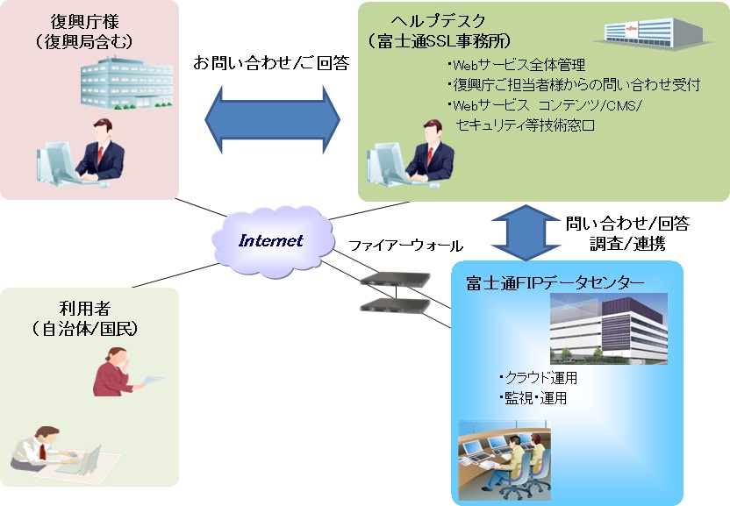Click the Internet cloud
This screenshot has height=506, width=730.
273,241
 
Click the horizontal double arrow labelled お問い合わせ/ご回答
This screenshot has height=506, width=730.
272,119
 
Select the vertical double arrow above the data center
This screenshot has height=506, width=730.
526,232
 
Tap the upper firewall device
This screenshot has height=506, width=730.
395,279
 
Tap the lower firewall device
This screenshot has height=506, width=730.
395,305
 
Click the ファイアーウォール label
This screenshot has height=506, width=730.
405,246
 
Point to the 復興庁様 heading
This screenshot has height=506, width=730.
85,21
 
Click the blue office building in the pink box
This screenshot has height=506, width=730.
126,82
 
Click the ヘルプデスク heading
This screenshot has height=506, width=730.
438,21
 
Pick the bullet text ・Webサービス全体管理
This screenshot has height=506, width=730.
516,65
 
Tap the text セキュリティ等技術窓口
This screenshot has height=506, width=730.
526,125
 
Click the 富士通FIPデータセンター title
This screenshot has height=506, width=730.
555,282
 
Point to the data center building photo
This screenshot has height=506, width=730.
609,328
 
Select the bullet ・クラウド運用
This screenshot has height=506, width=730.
538,377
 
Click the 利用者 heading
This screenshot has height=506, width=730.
85,308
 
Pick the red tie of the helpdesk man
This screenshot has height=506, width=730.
430,155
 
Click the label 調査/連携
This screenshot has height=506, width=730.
627,244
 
